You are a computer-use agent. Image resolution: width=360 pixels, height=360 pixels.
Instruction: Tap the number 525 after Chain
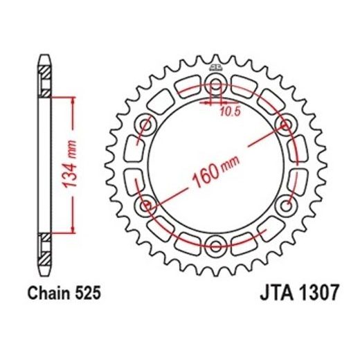89,293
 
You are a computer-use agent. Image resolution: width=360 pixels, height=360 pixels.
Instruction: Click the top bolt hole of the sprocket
215,87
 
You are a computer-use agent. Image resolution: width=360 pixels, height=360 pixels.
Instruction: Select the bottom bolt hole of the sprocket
215,245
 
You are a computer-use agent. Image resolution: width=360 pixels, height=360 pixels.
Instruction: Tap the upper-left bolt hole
146,126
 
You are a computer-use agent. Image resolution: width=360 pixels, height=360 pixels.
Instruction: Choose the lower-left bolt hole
146,206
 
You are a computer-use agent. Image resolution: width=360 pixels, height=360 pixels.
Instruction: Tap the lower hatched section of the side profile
44,246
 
